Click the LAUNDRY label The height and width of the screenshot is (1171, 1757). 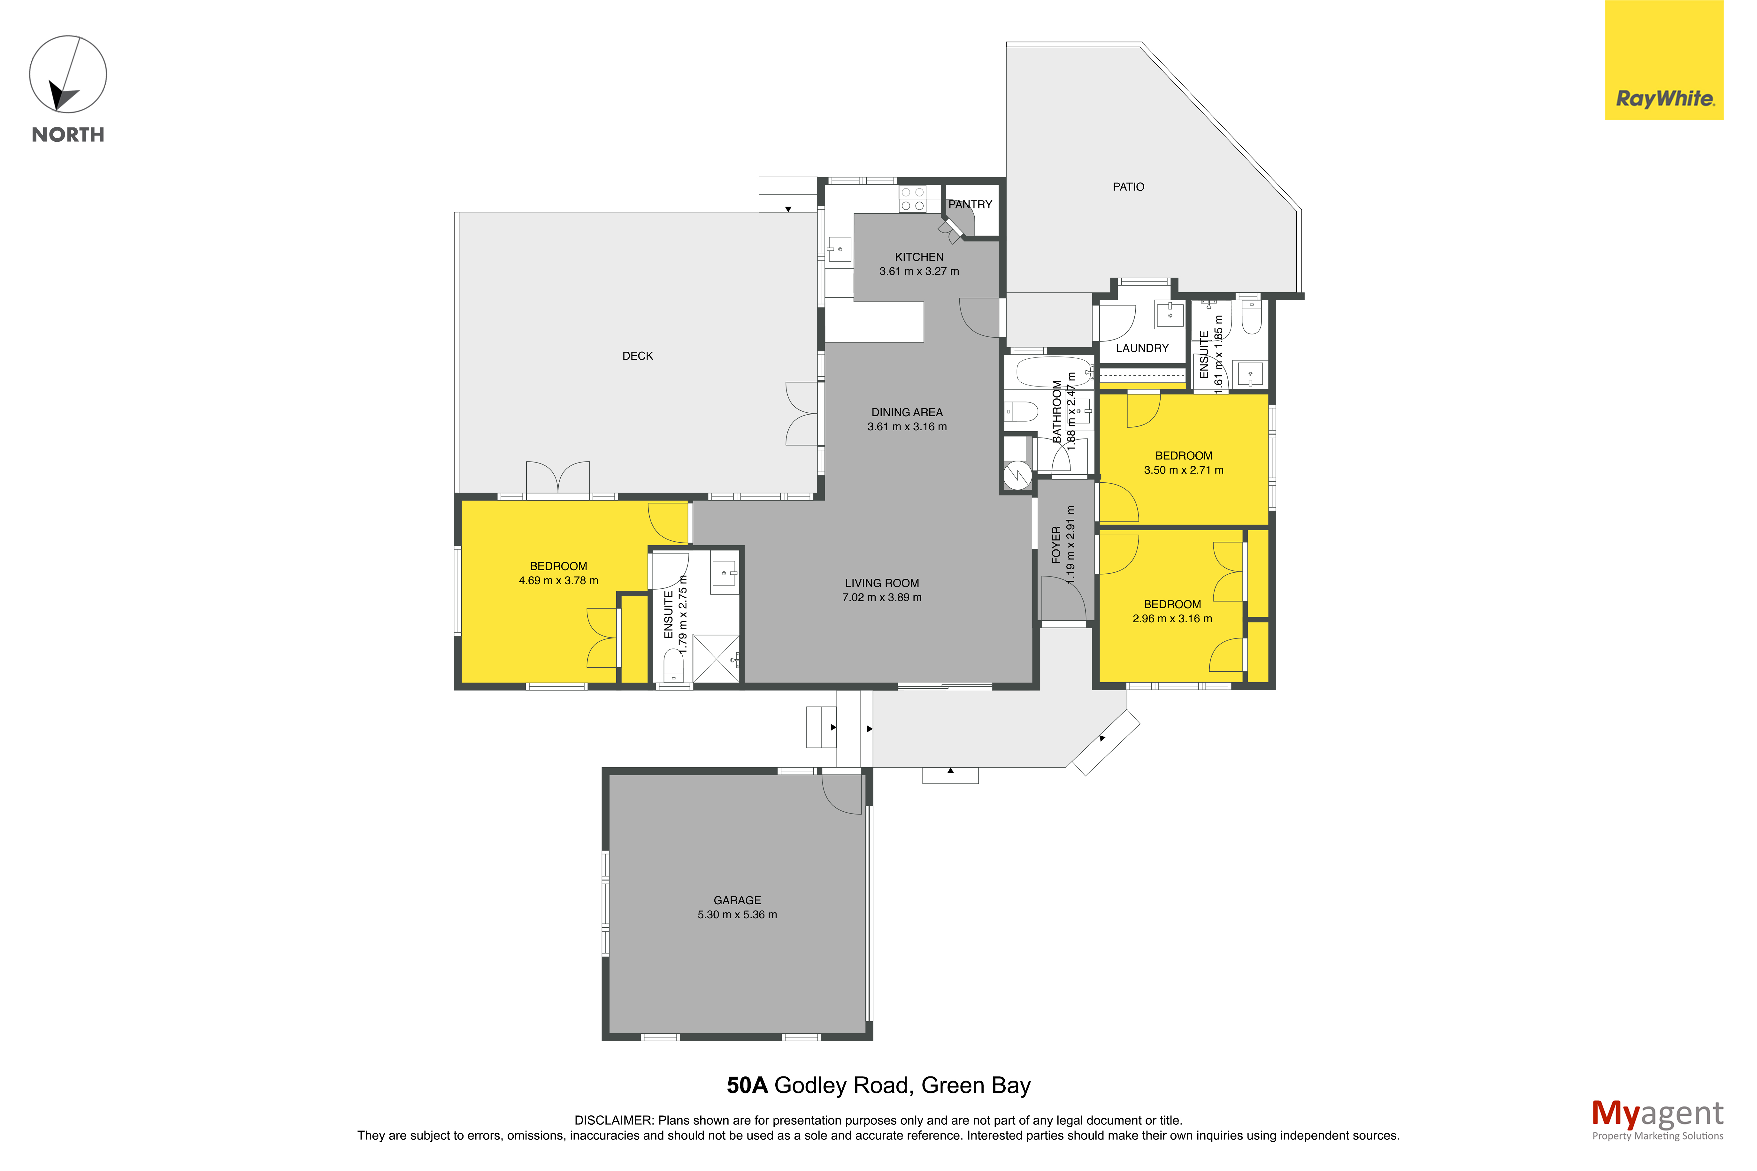click(x=1142, y=348)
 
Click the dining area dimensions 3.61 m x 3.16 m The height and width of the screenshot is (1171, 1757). click(x=907, y=426)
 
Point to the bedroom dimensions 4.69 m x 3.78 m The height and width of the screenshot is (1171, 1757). click(x=558, y=580)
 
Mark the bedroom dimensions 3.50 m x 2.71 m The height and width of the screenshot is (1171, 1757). click(x=1184, y=470)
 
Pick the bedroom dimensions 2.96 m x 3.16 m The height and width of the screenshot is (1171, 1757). click(x=1172, y=618)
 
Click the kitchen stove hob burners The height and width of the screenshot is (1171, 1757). click(x=912, y=199)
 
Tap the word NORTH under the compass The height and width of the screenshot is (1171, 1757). click(x=68, y=134)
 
